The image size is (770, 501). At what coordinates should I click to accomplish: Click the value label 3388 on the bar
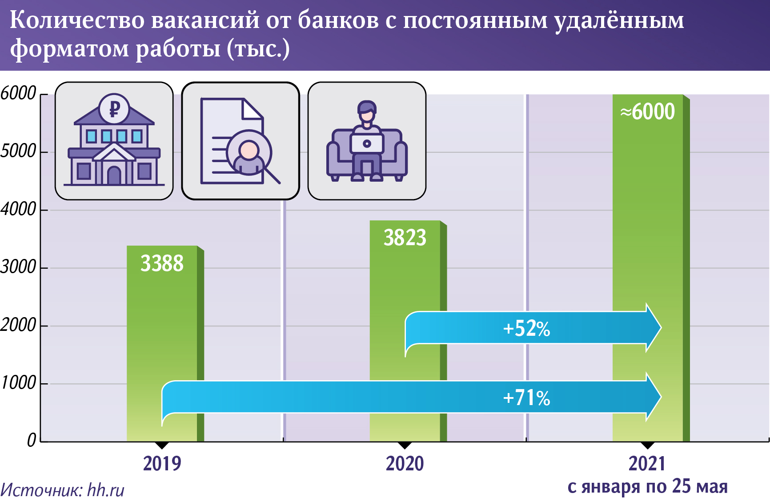click(162, 263)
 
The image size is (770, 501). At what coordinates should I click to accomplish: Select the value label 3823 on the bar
click(405, 238)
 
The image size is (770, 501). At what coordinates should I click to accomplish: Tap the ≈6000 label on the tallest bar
click(647, 111)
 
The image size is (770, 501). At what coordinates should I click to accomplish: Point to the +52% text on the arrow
click(526, 329)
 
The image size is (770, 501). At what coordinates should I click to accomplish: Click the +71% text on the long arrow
click(526, 398)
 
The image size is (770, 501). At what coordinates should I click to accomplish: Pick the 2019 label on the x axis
click(162, 464)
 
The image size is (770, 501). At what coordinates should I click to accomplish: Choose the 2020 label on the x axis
click(405, 464)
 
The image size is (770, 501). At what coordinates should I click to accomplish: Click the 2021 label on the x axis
click(647, 464)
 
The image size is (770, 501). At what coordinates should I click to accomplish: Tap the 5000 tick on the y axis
click(18, 151)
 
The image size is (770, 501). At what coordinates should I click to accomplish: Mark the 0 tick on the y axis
click(31, 440)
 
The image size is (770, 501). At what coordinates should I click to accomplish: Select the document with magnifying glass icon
click(240, 141)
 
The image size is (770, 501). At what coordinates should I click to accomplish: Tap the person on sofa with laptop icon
click(367, 141)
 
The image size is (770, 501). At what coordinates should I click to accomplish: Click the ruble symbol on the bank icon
click(114, 108)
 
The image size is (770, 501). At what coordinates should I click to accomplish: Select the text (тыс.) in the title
click(258, 48)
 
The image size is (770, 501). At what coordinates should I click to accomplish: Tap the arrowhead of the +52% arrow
click(653, 328)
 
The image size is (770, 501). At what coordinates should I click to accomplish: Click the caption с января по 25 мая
click(647, 487)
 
